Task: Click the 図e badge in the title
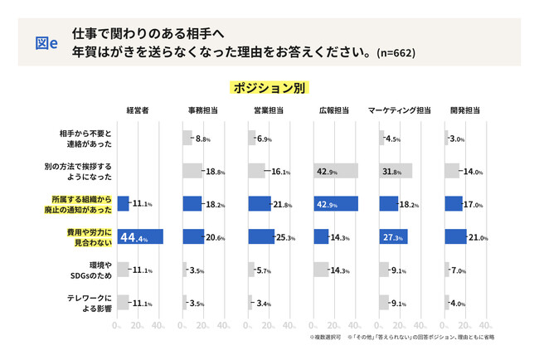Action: pos(46,42)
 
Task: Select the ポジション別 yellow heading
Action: pos(269,87)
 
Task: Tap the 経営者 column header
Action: pos(137,110)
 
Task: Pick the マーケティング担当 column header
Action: pos(399,110)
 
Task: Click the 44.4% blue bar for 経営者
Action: pos(140,237)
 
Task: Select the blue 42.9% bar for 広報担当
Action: pos(336,204)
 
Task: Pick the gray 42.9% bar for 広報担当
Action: pos(336,171)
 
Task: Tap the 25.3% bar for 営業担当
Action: pos(260,237)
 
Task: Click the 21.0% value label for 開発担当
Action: pos(478,238)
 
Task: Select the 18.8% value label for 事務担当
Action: pos(215,172)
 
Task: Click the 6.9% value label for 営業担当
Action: pos(265,139)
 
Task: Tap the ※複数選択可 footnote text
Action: pos(326,338)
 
